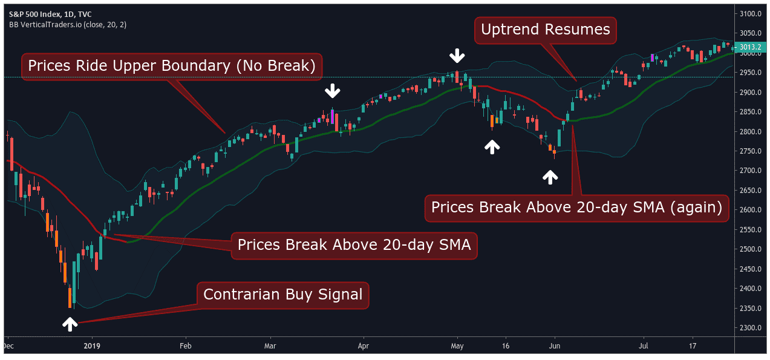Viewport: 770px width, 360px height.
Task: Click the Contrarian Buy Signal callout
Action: (282, 295)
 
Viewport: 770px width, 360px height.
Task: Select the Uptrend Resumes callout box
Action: (545, 29)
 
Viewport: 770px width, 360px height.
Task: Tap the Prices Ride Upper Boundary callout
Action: (172, 67)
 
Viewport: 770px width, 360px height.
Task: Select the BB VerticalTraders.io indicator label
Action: (67, 25)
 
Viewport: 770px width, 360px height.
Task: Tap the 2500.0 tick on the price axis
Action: (751, 249)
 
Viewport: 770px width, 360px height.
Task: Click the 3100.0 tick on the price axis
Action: (751, 14)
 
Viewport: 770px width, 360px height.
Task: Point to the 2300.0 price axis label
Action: (751, 328)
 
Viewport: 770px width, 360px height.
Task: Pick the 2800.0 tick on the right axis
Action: (751, 132)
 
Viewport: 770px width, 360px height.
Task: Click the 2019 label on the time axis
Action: (91, 347)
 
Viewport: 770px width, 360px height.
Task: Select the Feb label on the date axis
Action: (185, 347)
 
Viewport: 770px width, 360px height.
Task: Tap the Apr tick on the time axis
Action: (363, 347)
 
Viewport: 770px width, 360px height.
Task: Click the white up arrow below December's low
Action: (70, 324)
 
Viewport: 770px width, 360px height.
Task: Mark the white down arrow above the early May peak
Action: (457, 57)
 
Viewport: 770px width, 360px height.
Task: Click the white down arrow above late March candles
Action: (332, 91)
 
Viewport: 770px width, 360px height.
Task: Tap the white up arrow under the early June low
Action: (550, 176)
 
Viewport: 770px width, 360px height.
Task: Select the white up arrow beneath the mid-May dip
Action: (492, 146)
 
